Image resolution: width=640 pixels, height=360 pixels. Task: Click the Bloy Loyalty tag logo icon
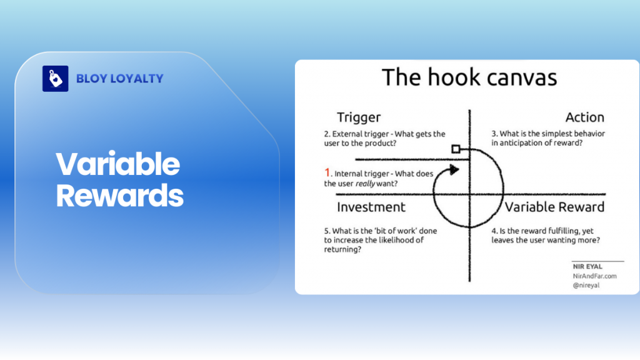click(x=55, y=79)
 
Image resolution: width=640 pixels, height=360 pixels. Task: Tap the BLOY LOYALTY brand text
click(x=119, y=79)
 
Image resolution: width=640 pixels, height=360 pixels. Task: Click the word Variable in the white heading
click(x=117, y=164)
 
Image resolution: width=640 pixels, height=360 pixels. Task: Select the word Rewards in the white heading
click(x=119, y=196)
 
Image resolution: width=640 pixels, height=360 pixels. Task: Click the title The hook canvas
click(x=469, y=77)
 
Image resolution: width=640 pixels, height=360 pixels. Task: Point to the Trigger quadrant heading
click(x=358, y=117)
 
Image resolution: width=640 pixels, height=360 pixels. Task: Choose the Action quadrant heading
click(x=584, y=117)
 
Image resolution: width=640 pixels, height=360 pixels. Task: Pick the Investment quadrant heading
click(x=371, y=207)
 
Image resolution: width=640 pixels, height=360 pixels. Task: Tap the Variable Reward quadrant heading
click(x=554, y=207)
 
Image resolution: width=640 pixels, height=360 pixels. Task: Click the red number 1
click(x=327, y=172)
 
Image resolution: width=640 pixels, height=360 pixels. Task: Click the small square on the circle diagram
click(x=456, y=149)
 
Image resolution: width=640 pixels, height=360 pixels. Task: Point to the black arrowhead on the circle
click(x=455, y=169)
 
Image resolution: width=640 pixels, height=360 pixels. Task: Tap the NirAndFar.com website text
click(x=594, y=276)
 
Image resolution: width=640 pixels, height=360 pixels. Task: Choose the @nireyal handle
click(x=586, y=285)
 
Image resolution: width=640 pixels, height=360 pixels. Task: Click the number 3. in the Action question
click(x=494, y=134)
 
